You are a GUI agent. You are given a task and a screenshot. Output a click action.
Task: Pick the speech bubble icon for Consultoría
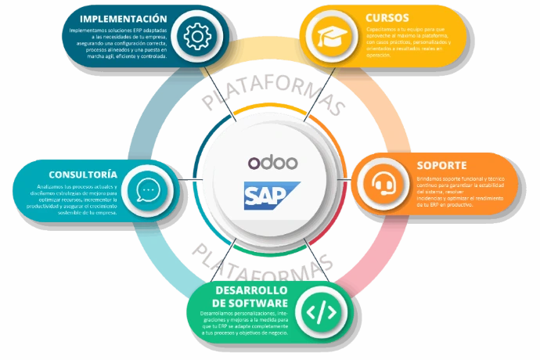[149, 190]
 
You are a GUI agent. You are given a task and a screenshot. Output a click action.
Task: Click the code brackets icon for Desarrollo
[320, 311]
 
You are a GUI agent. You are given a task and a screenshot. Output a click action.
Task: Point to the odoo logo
[272, 162]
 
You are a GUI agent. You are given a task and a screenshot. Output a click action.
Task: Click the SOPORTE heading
[442, 166]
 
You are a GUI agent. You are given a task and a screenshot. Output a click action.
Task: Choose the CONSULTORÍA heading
[84, 174]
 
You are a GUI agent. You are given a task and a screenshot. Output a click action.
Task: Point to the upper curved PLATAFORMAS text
[274, 97]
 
